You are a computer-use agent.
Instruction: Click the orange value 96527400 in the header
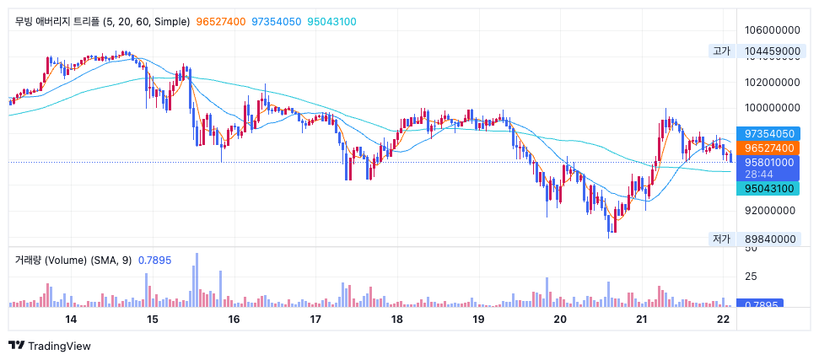point(220,22)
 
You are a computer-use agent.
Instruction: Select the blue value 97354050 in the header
point(277,22)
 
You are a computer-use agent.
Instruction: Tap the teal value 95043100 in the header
point(331,22)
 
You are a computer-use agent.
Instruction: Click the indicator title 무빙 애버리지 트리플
point(57,22)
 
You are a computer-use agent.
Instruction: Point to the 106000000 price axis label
point(772,31)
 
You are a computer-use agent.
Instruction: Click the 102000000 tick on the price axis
point(772,83)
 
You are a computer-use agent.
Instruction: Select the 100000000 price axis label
point(772,108)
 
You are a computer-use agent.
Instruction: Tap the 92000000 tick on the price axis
point(772,211)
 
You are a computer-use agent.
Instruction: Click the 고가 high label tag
point(721,51)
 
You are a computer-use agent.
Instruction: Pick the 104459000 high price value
point(772,51)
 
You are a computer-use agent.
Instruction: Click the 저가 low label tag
point(721,239)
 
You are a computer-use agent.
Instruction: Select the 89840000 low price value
point(772,239)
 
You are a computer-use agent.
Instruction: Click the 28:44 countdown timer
point(759,174)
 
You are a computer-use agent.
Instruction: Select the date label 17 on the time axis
point(315,320)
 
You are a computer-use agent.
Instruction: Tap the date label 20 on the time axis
point(560,320)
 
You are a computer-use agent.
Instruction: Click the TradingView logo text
point(59,346)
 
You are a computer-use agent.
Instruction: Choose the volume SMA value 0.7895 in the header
point(154,260)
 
